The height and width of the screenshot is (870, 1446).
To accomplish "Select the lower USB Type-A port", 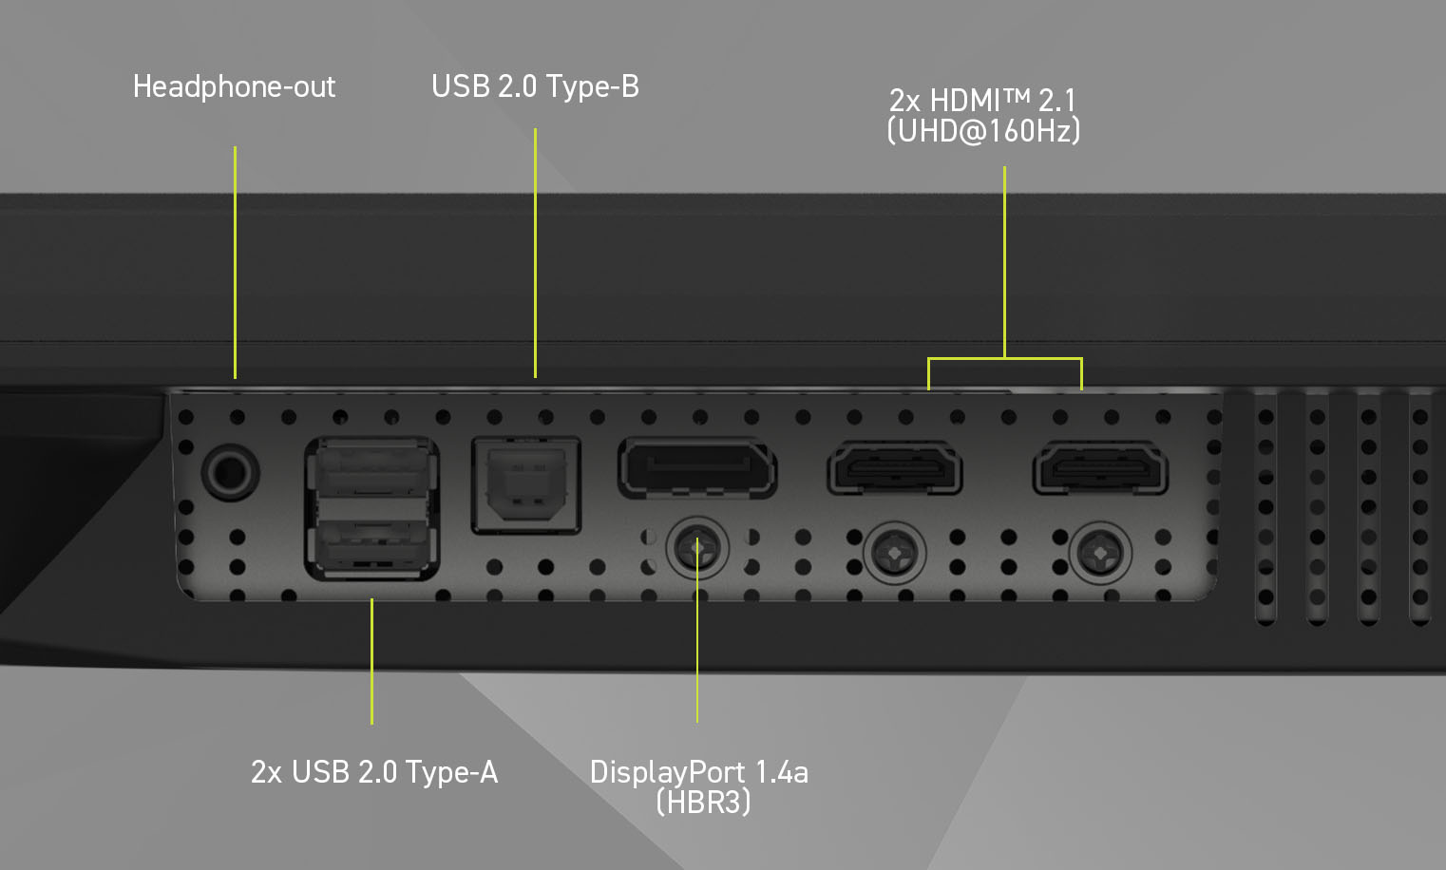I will coord(371,546).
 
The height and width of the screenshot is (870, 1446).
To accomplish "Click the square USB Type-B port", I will coord(525,484).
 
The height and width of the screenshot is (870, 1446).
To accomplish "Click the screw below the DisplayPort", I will coord(697,548).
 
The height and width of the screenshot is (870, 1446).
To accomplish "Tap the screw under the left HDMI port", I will coord(894,551).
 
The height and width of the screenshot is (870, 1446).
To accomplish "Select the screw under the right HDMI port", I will coord(1100,551).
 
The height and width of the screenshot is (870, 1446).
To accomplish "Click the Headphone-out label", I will coord(234,86).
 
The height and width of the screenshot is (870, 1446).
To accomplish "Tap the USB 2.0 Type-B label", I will coord(535,86).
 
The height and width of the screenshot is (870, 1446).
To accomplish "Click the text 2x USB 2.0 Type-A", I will coord(373,772).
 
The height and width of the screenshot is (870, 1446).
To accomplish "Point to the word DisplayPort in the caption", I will coord(667,772).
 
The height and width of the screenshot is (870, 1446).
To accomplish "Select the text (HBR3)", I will coord(703,803).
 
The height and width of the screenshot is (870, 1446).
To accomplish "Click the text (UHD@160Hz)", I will coord(983,130).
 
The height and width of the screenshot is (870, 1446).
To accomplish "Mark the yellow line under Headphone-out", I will coord(235,261).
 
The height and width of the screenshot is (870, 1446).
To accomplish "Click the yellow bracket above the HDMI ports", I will coord(1004,358).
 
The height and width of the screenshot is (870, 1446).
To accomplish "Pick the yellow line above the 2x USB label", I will coord(371,660).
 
